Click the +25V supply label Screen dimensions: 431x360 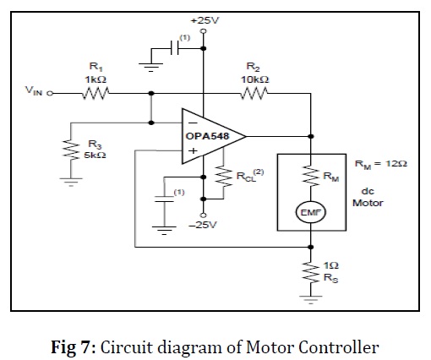pos(205,20)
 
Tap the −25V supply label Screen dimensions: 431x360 pos(203,225)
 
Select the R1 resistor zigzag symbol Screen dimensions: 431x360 pos(95,93)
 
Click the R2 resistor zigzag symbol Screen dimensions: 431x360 pos(254,93)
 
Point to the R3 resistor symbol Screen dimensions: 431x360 pos(71,150)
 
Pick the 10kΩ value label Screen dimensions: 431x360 pos(255,79)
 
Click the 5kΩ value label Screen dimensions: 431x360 pos(95,155)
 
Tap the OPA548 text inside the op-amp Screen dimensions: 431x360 pos(207,136)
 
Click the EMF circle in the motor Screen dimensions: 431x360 pos(310,212)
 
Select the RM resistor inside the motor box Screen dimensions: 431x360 pos(311,176)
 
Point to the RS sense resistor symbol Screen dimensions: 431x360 pos(311,272)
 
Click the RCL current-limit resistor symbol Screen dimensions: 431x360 pos(224,177)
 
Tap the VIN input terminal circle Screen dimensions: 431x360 pos(50,93)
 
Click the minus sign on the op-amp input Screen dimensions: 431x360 pos(193,123)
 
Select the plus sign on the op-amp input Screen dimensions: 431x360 pos(193,151)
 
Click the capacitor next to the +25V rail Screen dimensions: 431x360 pos(175,48)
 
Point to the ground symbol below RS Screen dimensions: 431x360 pos(311,300)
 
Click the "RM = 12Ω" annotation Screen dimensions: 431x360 pos(380,164)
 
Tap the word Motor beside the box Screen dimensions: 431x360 pos(368,203)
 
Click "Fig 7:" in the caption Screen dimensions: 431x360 pos(74,347)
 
